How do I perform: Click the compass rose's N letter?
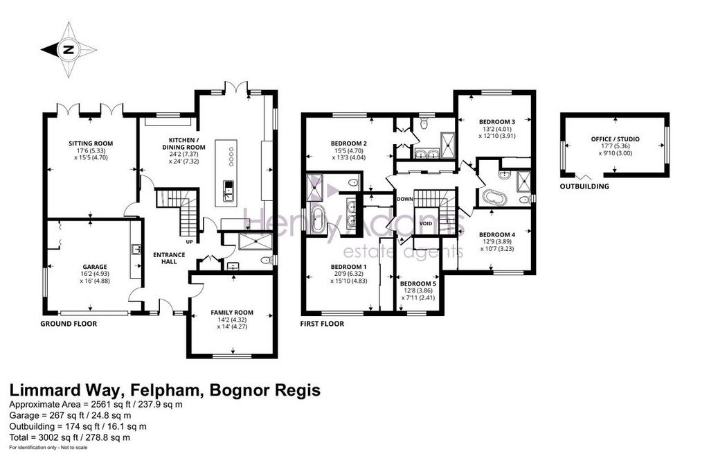tap(69, 50)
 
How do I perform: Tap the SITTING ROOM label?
tap(91, 143)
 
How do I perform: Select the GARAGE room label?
tap(95, 267)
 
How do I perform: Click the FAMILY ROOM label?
tap(232, 313)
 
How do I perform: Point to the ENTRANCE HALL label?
tap(169, 258)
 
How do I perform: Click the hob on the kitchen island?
tap(231, 156)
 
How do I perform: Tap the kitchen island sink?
tap(228, 191)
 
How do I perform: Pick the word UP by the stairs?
tap(189, 242)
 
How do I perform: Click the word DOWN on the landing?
tap(404, 199)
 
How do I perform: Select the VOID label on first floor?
tap(426, 224)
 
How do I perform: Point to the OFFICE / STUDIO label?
tap(615, 139)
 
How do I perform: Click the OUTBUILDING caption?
tap(584, 186)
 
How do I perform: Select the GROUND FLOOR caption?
tap(69, 324)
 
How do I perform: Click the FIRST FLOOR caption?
tap(322, 324)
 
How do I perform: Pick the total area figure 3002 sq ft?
tap(53, 437)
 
